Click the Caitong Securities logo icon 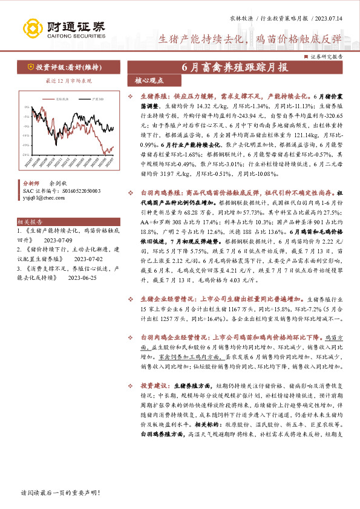pyautogui.click(x=31, y=28)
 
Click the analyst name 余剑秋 pyautogui.click(x=58, y=183)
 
